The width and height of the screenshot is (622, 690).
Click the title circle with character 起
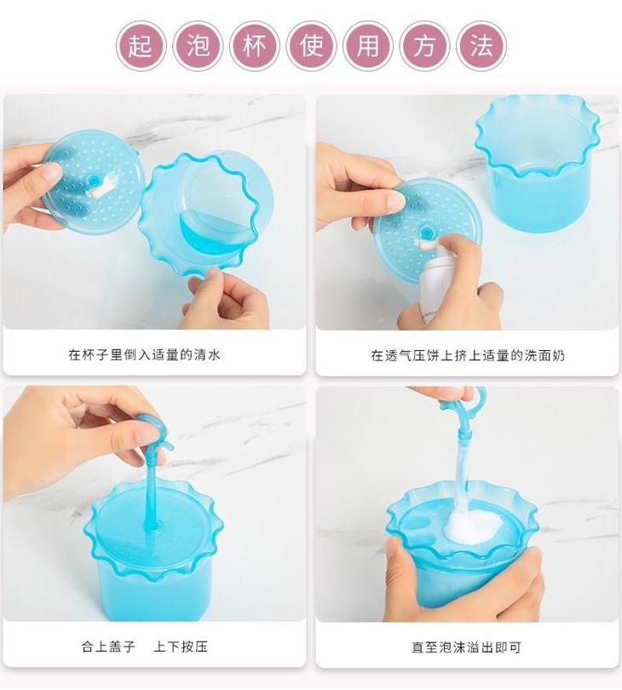[x=141, y=46]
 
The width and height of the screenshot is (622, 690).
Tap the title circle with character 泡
[x=198, y=46]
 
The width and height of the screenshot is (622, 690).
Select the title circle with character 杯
[x=255, y=46]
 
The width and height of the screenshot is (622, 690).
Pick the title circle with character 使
[x=311, y=46]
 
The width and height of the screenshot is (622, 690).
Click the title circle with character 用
[x=368, y=46]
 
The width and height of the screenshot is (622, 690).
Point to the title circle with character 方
[x=425, y=46]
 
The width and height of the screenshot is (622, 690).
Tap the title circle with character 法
[x=481, y=46]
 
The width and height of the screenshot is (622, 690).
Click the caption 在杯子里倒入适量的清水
[x=144, y=354]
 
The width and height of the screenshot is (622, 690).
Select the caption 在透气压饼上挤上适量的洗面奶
[x=468, y=355]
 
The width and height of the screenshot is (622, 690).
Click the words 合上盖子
[x=108, y=647]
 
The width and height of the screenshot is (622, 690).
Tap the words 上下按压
[x=181, y=647]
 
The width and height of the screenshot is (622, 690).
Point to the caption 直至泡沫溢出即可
[x=467, y=647]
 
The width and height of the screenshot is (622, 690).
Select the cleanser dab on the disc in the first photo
[x=104, y=187]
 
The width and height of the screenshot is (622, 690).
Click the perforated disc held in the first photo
[x=92, y=181]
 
